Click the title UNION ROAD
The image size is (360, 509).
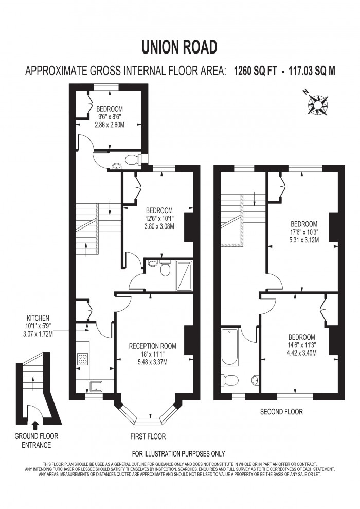(x=179, y=47)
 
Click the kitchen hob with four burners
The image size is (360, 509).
(x=82, y=358)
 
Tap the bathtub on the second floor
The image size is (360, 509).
(x=229, y=347)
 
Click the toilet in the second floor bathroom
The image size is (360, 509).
(x=230, y=380)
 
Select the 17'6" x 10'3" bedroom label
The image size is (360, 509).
(x=304, y=232)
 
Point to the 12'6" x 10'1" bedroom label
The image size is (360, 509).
(x=159, y=218)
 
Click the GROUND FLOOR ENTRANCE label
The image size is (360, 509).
(x=36, y=440)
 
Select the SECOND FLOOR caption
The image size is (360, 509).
(x=281, y=412)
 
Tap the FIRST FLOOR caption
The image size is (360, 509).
(x=148, y=436)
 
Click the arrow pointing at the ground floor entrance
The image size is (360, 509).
(x=35, y=426)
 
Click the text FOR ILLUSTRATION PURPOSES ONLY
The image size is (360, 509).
(x=178, y=454)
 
